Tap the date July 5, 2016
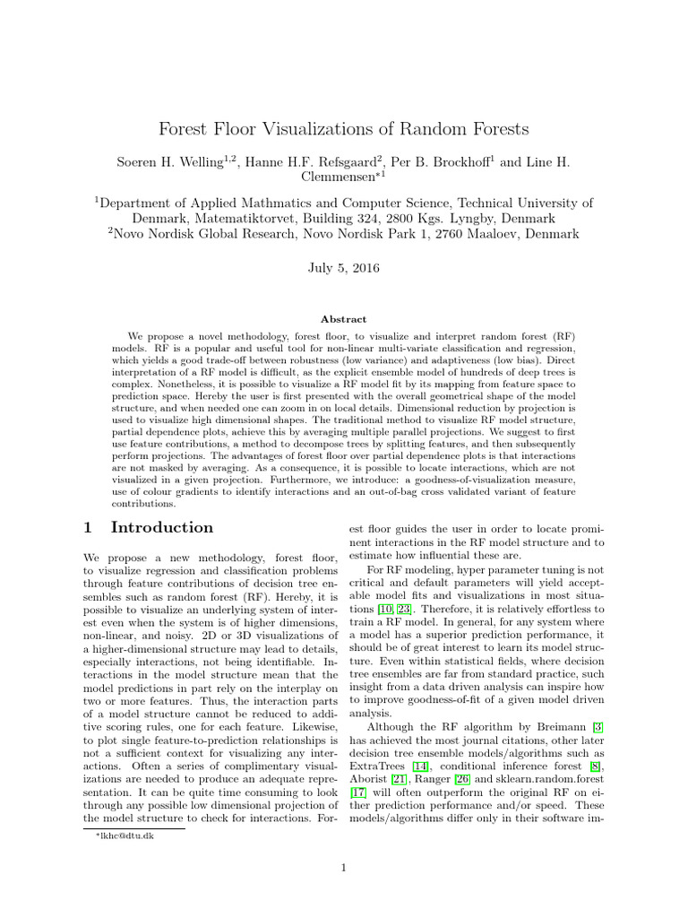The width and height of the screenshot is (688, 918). tap(344, 267)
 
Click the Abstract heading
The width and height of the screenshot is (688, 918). tap(344, 318)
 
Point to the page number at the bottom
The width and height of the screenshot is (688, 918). tap(344, 867)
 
